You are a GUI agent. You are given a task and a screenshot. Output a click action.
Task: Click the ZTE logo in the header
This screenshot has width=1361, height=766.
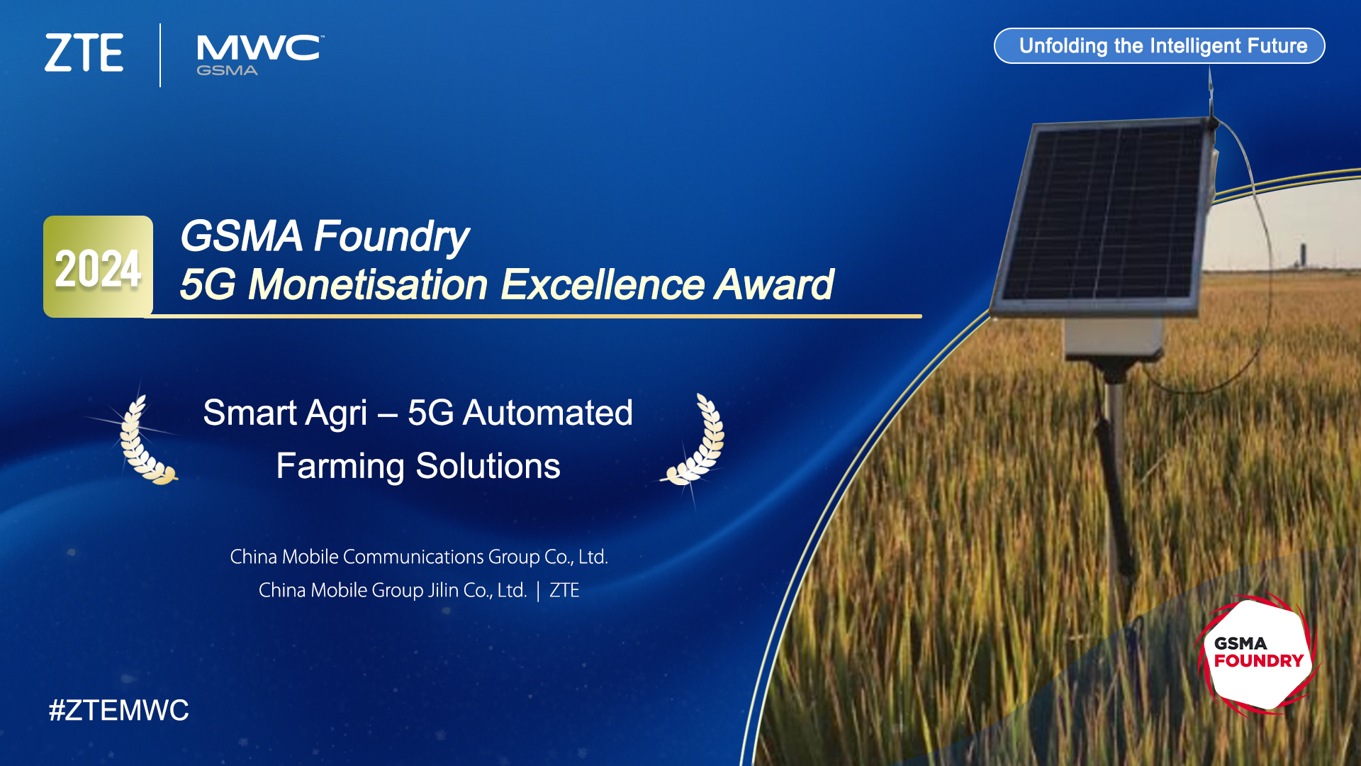(84, 52)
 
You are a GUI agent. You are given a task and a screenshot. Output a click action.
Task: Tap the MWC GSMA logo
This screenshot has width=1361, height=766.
(260, 55)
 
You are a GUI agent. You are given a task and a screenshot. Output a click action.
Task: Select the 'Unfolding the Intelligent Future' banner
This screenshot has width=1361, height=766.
(1159, 46)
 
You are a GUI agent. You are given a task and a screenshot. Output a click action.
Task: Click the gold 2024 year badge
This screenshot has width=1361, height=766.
(98, 267)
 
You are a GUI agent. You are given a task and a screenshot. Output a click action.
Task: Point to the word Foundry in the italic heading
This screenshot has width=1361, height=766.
(391, 236)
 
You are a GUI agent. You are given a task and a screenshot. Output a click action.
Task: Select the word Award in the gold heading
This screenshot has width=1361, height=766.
(774, 284)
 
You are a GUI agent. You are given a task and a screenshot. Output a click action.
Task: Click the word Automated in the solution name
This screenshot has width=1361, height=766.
(547, 413)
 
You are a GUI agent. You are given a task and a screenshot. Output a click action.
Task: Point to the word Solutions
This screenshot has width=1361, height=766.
(488, 467)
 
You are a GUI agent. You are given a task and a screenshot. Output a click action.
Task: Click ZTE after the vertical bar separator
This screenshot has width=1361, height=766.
(564, 590)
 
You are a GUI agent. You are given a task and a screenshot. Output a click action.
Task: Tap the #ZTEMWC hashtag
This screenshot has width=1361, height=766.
(118, 710)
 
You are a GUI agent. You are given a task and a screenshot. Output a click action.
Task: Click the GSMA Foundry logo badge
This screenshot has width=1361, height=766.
(1257, 653)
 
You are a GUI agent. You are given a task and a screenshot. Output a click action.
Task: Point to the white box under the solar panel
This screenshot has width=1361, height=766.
(1113, 337)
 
